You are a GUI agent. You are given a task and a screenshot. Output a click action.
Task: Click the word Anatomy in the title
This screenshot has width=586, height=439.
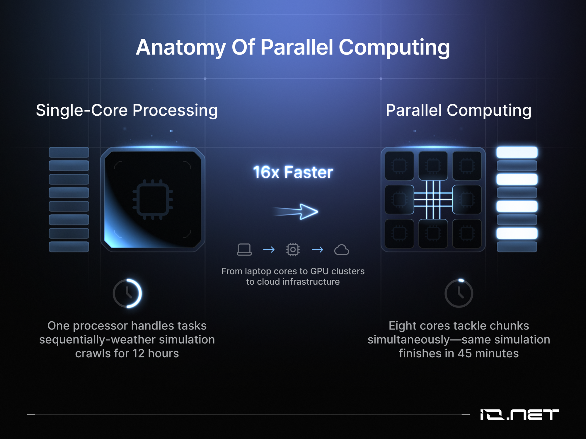pyautogui.click(x=181, y=48)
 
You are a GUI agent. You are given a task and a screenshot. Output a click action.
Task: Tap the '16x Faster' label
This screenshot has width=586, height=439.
pyautogui.click(x=293, y=172)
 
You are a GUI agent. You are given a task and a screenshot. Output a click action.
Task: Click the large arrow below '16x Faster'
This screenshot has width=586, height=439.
pyautogui.click(x=296, y=211)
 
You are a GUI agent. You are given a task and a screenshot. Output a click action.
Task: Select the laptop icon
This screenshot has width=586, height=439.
pyautogui.click(x=244, y=250)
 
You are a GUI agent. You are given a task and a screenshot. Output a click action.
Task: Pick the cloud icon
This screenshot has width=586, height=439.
pyautogui.click(x=342, y=250)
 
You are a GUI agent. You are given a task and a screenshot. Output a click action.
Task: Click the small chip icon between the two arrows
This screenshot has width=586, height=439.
pyautogui.click(x=293, y=250)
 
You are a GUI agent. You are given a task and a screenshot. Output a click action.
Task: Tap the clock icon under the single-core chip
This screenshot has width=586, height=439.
pyautogui.click(x=127, y=293)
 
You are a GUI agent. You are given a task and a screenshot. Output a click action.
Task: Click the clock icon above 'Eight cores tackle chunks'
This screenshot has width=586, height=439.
pyautogui.click(x=459, y=293)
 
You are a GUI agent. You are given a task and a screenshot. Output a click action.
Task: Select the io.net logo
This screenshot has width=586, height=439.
pyautogui.click(x=519, y=415)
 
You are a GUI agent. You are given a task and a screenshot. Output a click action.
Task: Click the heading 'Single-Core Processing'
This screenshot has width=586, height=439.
pyautogui.click(x=127, y=110)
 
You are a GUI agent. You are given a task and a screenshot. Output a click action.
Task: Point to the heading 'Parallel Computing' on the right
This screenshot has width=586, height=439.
pyautogui.click(x=459, y=110)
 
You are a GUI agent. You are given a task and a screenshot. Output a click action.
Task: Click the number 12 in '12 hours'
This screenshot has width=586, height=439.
pyautogui.click(x=138, y=353)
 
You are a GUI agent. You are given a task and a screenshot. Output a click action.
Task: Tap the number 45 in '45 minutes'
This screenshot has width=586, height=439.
pyautogui.click(x=465, y=353)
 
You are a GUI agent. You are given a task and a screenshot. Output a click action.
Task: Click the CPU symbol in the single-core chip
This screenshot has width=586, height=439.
pyautogui.click(x=153, y=199)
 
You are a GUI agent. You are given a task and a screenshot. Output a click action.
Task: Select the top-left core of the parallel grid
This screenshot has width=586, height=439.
pyautogui.click(x=399, y=166)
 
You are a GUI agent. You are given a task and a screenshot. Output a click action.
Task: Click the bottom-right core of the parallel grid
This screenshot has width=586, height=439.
pyautogui.click(x=467, y=233)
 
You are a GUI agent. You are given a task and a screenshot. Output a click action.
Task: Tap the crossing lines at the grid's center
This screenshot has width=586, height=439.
pyautogui.click(x=433, y=199)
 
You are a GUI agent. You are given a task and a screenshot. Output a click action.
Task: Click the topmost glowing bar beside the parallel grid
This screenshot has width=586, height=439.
pyautogui.click(x=517, y=152)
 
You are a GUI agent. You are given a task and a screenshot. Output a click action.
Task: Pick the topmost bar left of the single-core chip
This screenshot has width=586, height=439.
pyautogui.click(x=69, y=152)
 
